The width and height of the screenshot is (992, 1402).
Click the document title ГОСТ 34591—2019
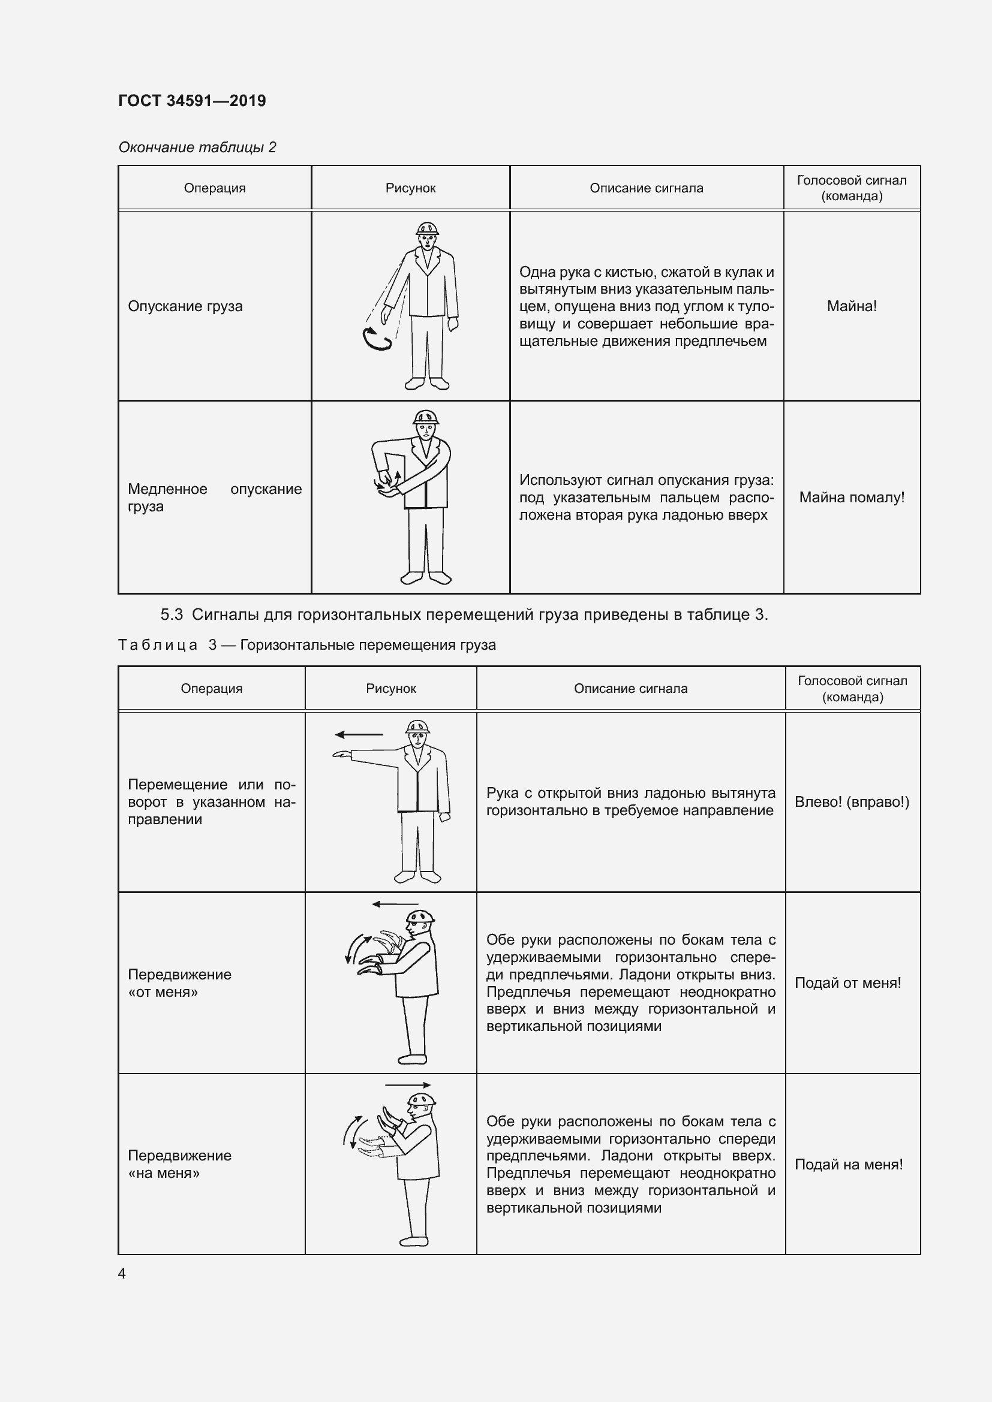(192, 101)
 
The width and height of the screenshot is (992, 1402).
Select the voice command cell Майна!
(852, 306)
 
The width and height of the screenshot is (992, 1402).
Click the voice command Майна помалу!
(852, 498)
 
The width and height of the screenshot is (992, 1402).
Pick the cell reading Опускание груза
(185, 306)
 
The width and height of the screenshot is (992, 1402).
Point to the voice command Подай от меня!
(848, 982)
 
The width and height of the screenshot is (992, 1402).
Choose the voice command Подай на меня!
(849, 1164)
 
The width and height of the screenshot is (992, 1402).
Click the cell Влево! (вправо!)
(852, 802)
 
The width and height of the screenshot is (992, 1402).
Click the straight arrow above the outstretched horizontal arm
(359, 735)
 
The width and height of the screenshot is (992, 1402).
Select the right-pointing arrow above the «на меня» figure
(407, 1085)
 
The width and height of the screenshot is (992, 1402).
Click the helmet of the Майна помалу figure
(426, 417)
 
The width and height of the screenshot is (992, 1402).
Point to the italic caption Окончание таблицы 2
(197, 147)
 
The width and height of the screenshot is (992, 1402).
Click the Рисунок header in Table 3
(391, 689)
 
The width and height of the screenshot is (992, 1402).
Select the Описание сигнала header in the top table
(647, 188)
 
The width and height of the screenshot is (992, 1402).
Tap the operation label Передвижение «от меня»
(179, 982)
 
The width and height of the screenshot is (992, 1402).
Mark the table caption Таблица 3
(306, 645)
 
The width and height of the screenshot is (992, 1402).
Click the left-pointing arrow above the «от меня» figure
(395, 904)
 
